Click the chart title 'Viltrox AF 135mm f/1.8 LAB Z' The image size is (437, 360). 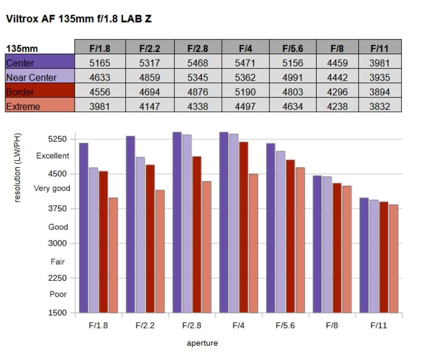click(79, 19)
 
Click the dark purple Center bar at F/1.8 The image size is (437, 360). click(83, 228)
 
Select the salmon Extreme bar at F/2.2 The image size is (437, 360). click(160, 251)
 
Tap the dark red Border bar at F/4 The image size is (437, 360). click(244, 227)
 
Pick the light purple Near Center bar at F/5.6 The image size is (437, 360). click(281, 232)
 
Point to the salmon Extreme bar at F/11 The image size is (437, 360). click(393, 259)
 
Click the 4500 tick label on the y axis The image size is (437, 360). click(58, 174)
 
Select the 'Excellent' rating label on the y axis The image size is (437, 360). click(53, 156)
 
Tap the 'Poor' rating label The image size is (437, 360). click(58, 294)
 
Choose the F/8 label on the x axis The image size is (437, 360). click(331, 325)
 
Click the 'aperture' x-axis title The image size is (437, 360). click(202, 343)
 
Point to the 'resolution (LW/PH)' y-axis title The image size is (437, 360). click(17, 168)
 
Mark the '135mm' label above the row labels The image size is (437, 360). click(22, 48)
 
